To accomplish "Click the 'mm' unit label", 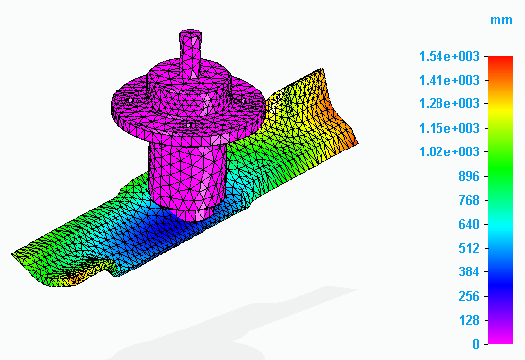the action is [500, 20].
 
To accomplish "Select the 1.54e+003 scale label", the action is [449, 57].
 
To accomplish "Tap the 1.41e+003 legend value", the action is [449, 81].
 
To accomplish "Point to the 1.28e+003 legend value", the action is [449, 104].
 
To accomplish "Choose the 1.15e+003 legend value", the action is [449, 128].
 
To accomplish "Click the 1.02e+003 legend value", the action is [449, 152].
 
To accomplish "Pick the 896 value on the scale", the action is [469, 176].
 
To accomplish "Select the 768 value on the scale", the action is [469, 201].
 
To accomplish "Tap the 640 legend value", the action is [469, 224].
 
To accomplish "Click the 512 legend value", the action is [469, 249].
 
